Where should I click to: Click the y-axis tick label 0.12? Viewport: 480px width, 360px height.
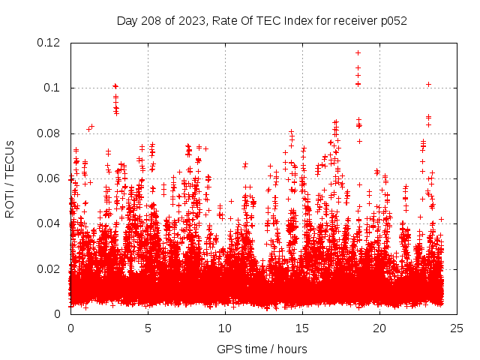(x=51, y=43)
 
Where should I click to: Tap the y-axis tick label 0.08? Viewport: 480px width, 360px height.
(x=51, y=133)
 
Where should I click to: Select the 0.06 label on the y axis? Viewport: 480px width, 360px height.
(x=51, y=178)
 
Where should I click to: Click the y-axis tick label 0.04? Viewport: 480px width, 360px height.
(x=51, y=223)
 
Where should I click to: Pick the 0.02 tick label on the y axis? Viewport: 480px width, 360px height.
(x=51, y=268)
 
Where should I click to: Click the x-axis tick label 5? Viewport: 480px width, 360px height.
(x=148, y=328)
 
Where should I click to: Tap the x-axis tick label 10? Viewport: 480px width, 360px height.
(x=225, y=328)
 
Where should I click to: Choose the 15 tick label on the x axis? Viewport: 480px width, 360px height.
(x=302, y=328)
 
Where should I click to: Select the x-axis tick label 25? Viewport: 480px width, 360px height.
(x=457, y=328)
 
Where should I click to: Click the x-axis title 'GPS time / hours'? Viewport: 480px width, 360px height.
(x=263, y=349)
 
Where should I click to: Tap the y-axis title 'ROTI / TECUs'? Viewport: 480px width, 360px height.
(x=10, y=178)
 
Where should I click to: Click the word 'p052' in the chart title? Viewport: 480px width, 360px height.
(x=392, y=20)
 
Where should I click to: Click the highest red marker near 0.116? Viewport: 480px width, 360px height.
(x=358, y=52)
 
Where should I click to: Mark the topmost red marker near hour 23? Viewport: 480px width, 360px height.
(x=428, y=84)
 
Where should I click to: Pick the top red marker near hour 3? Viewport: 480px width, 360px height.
(x=115, y=85)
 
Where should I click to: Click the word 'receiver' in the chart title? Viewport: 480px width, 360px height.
(x=353, y=20)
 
